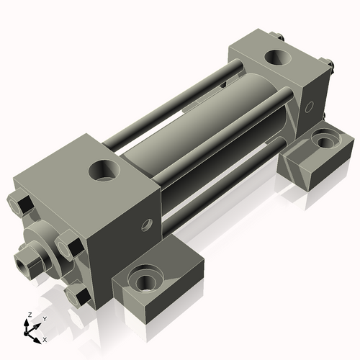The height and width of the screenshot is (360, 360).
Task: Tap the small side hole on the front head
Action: click(x=148, y=224)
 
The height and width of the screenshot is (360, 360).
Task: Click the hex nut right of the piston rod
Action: click(x=68, y=246)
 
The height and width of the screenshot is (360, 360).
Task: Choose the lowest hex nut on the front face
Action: click(x=77, y=295)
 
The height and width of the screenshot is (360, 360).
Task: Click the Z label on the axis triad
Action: click(x=27, y=315)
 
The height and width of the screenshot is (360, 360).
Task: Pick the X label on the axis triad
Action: click(x=45, y=338)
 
